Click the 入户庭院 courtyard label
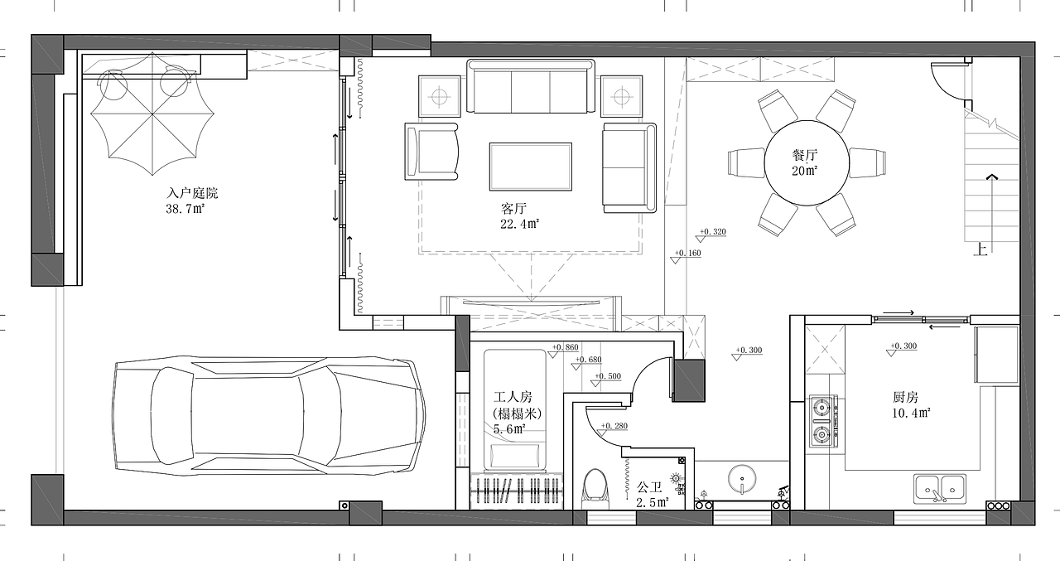[x=192, y=193]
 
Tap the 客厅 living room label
[x=513, y=208]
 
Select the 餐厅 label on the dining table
[x=805, y=155]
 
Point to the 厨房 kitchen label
[x=905, y=397]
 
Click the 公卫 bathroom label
[x=649, y=487]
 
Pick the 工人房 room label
[x=513, y=397]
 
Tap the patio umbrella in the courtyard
[x=152, y=114]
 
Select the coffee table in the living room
[x=531, y=167]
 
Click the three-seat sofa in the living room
[x=531, y=86]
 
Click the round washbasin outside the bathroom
[x=742, y=479]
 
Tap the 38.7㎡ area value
[x=185, y=209]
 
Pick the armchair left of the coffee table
[x=431, y=152]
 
